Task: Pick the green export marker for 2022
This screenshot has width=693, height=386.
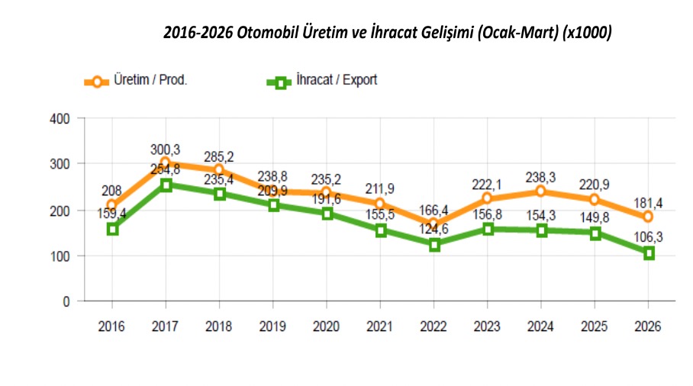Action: tap(434, 245)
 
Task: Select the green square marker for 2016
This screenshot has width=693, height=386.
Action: tap(112, 229)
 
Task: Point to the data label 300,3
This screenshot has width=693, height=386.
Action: tap(166, 148)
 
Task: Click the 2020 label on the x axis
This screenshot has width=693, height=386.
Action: tap(327, 326)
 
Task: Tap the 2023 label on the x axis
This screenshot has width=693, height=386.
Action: tap(488, 326)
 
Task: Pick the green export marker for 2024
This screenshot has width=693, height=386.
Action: tap(541, 230)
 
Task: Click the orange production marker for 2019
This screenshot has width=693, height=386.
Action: tap(273, 191)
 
